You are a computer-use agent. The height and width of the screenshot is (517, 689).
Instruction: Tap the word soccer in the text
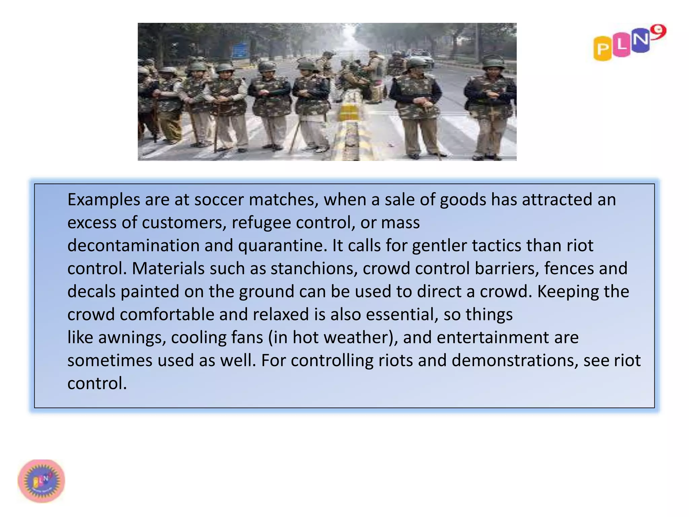click(x=219, y=200)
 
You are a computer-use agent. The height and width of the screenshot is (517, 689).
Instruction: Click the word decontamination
click(x=133, y=246)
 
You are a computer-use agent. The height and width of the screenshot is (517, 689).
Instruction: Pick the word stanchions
click(x=314, y=269)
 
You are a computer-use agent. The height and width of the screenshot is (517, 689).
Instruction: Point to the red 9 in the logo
click(x=658, y=32)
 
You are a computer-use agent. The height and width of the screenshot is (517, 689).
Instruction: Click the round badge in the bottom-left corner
click(x=41, y=481)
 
